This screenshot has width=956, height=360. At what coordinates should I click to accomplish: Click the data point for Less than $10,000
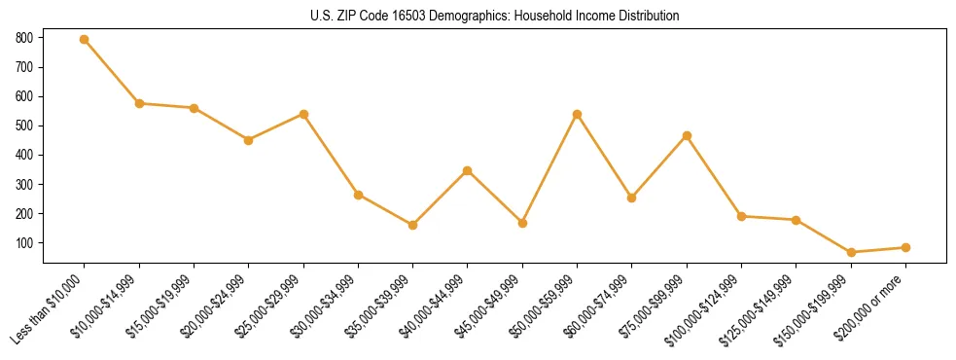tap(85, 40)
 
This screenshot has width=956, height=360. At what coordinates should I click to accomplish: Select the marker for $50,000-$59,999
tap(578, 115)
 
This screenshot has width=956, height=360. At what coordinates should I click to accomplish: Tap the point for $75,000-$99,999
tap(688, 136)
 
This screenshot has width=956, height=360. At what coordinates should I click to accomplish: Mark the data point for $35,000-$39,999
tap(413, 225)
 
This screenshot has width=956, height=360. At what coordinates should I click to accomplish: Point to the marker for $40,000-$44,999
tap(468, 171)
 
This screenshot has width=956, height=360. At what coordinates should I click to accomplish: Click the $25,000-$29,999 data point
tap(303, 114)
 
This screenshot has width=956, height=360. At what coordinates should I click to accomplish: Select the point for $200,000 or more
tap(906, 247)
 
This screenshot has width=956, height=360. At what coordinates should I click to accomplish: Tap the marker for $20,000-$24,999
tap(249, 140)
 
